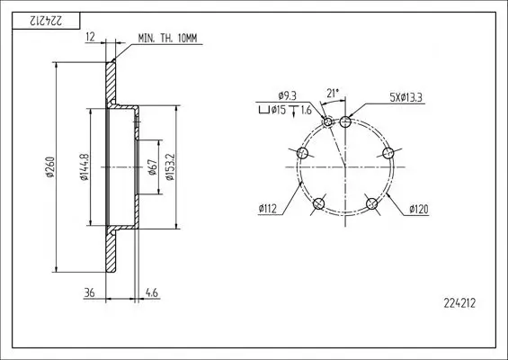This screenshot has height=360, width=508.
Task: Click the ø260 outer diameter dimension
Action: pos(50,167)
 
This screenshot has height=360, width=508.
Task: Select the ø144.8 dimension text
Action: pos(84,167)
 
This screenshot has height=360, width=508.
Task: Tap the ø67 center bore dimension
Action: pos(153,167)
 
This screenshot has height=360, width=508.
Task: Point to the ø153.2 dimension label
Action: pos(170,167)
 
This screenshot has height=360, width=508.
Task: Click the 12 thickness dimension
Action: pos(91,37)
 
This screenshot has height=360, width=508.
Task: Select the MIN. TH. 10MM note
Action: pos(167,39)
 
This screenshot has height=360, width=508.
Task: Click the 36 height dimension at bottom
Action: pos(89,292)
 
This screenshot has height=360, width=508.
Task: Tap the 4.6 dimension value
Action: pos(152,292)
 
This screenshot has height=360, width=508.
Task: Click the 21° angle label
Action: pos(333,93)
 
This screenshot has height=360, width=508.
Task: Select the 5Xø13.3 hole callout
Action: pos(406,97)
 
